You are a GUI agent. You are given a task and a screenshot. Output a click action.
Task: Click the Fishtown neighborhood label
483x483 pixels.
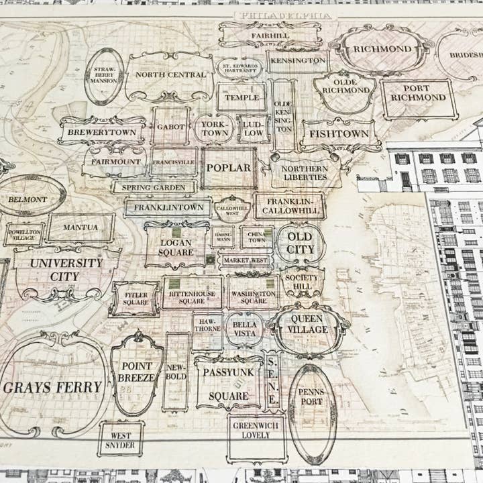coord(338,133)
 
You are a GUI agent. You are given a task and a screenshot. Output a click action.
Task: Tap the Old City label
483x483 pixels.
coord(299,243)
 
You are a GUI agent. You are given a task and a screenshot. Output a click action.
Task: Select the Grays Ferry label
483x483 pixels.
coord(52,387)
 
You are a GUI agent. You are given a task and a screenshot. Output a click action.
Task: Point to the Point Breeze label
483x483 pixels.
coord(137,372)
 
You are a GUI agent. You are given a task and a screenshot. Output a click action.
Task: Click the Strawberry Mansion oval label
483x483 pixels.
coord(104,75)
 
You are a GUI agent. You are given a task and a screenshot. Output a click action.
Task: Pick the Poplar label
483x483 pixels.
coord(228,168)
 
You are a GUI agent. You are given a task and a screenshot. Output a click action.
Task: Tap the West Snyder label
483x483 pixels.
coord(121,439)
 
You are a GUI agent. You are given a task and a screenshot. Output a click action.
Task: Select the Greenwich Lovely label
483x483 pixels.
coord(256,430)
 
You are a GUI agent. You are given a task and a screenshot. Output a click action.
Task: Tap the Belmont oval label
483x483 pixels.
coord(28,199)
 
